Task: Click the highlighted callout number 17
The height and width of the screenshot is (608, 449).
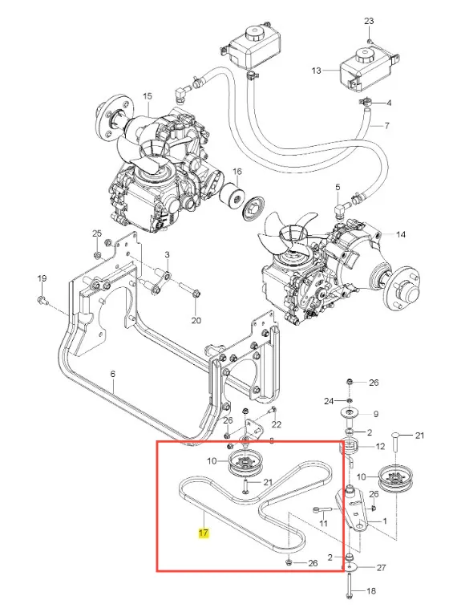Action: [203, 533]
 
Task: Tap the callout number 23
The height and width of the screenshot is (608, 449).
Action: [369, 21]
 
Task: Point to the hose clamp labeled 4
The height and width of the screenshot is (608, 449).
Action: [365, 103]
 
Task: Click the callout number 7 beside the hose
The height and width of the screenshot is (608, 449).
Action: [386, 126]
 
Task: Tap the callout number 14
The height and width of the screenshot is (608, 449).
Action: [400, 234]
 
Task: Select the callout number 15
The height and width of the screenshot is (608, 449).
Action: [148, 95]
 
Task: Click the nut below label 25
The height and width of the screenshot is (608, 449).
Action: [97, 254]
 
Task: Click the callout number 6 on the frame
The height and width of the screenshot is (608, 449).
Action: [113, 374]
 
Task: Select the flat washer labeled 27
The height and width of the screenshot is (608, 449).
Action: [350, 567]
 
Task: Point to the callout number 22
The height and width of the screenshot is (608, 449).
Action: [276, 424]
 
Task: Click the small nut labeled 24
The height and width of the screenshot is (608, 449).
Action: [349, 399]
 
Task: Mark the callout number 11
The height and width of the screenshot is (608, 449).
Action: [323, 524]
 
